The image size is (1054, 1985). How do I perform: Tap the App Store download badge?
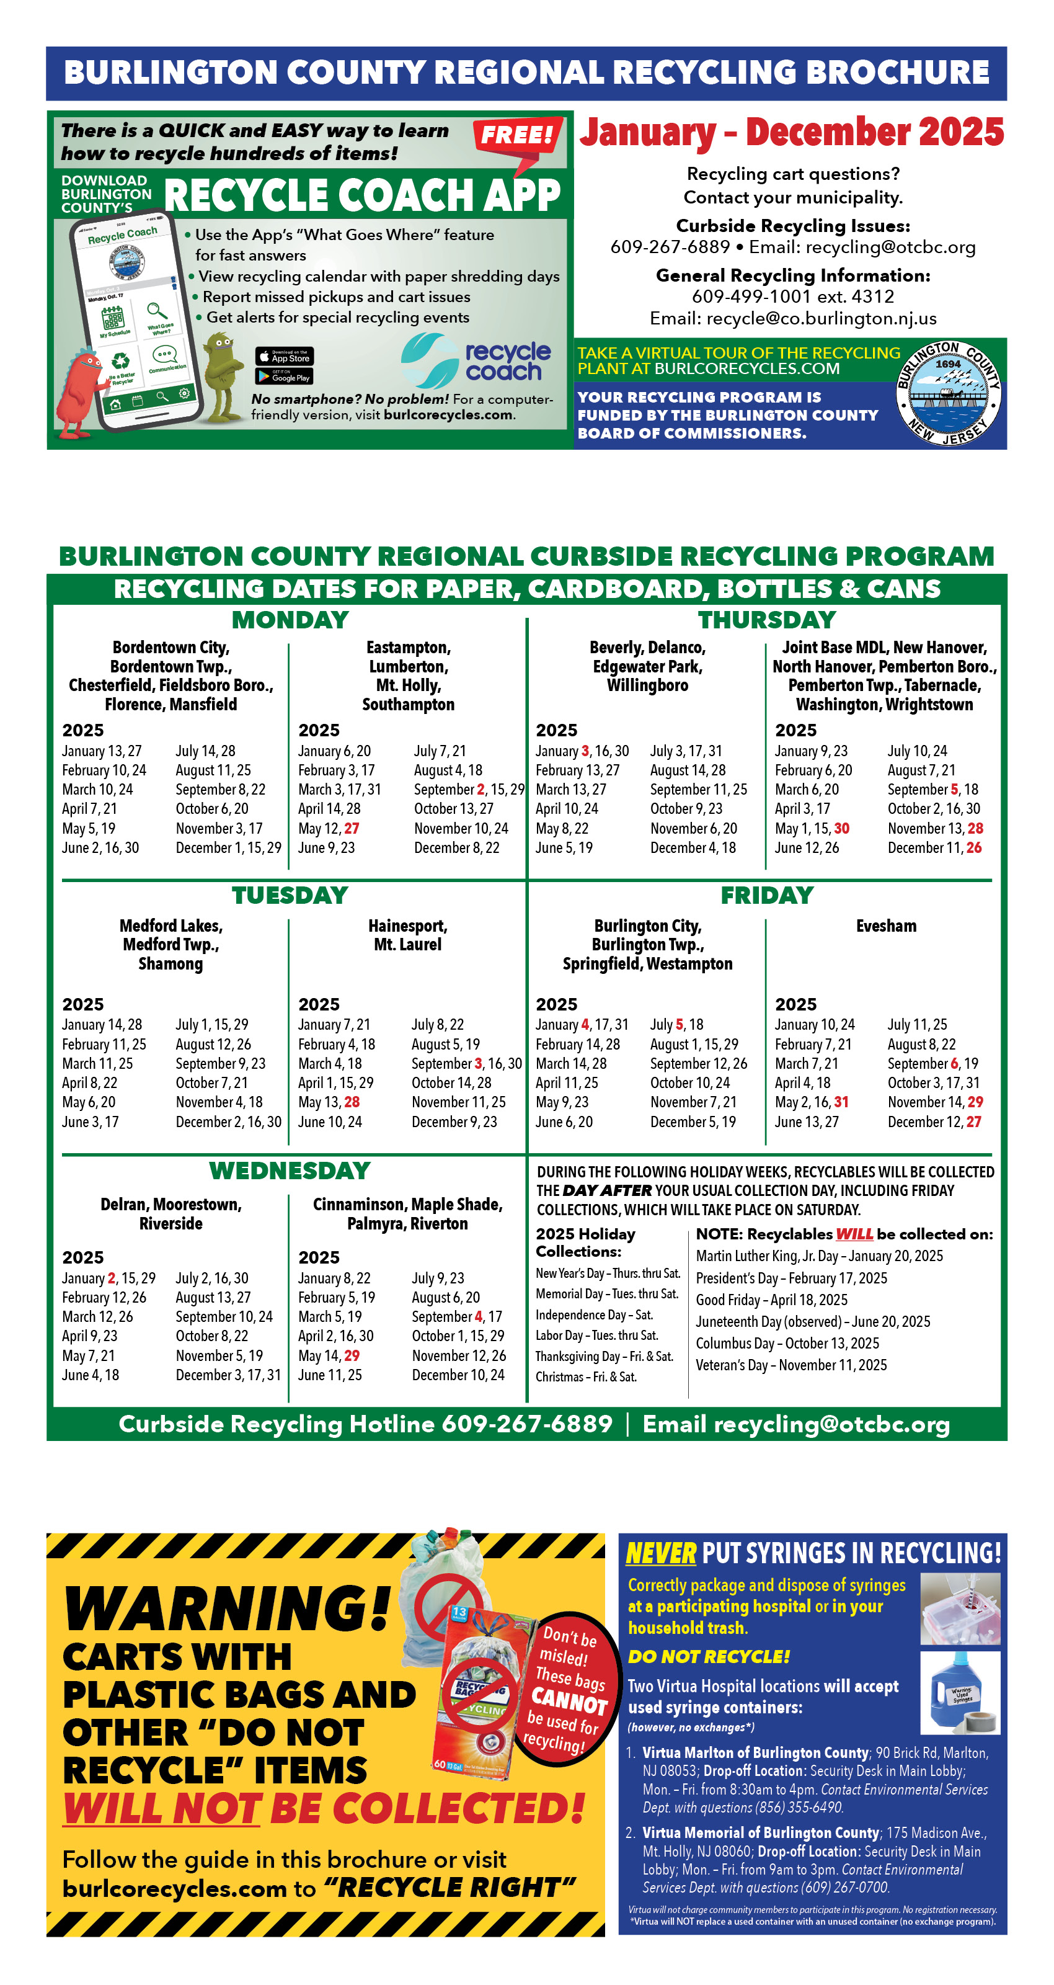pos(285,356)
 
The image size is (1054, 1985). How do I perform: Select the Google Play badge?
pos(285,376)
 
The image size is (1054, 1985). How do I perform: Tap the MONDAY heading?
pos(290,620)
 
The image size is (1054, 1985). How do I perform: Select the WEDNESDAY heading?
pos(290,1171)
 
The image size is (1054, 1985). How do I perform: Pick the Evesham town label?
pos(886,926)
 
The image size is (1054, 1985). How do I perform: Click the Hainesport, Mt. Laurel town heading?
pos(407,935)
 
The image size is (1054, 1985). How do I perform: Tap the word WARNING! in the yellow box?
pos(228,1608)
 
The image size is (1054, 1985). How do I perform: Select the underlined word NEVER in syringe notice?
pos(660,1553)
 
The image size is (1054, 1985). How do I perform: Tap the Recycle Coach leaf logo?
pos(429,360)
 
